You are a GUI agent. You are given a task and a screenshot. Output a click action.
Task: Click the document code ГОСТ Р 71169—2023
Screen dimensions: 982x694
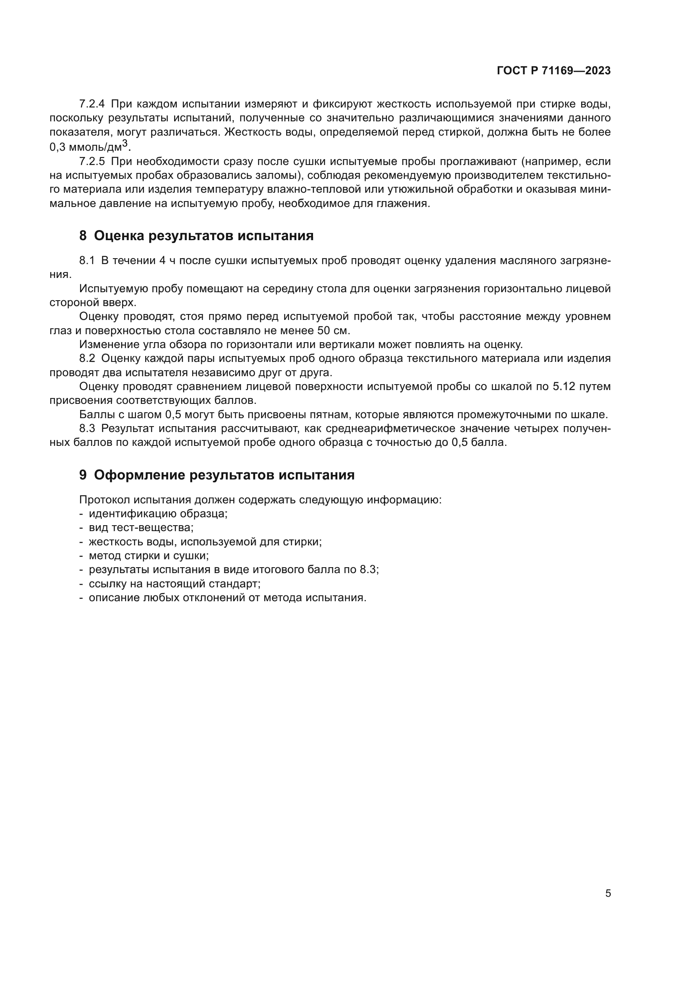click(553, 71)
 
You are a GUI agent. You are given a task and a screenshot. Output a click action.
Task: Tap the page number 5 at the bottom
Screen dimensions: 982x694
click(608, 893)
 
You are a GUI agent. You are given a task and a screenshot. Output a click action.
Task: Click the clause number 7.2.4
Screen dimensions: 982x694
click(92, 104)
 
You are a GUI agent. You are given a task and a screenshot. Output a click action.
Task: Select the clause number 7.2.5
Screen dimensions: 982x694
click(92, 162)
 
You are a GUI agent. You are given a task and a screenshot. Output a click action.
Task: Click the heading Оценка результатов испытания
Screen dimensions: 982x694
click(204, 236)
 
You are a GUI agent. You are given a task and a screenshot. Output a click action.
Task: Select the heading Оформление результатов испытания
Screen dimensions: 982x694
click(224, 475)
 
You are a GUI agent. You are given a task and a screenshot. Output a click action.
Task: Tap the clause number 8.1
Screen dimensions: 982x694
click(87, 261)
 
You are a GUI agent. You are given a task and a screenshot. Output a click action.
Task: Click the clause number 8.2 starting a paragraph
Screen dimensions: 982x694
click(87, 359)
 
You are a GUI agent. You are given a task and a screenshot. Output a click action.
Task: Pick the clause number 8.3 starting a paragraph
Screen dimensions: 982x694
click(87, 429)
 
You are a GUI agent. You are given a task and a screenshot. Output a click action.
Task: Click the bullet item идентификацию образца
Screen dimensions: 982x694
click(158, 513)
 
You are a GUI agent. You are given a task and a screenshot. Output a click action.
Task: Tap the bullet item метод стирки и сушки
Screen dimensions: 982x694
click(148, 555)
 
